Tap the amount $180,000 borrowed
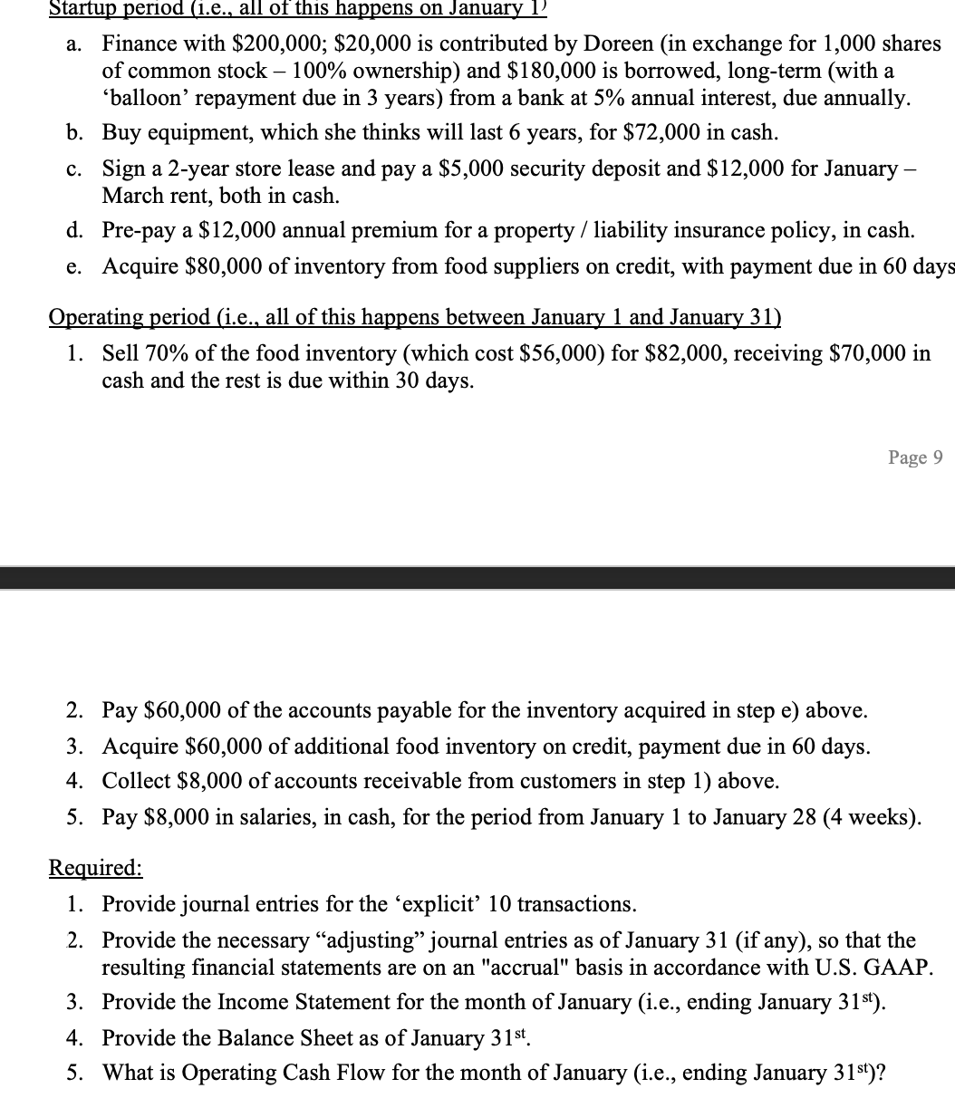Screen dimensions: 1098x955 pos(531,71)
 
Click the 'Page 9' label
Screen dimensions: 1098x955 pos(915,457)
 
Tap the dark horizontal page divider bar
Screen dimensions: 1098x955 pos(477,578)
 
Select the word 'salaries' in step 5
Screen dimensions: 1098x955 pos(257,817)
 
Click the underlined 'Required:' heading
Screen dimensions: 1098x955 pos(95,868)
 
